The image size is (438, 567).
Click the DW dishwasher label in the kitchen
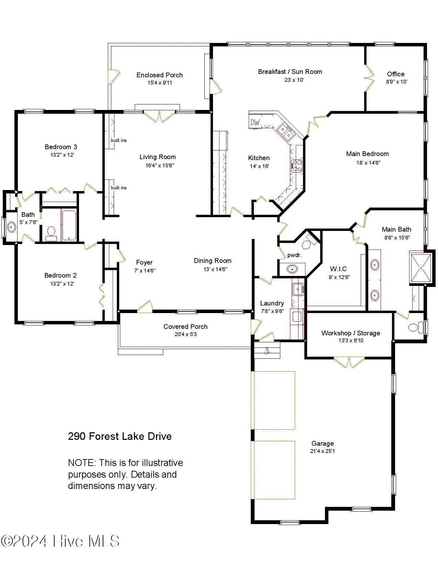tap(255, 122)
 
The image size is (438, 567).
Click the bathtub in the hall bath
tap(69, 225)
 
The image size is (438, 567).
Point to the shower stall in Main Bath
tap(421, 268)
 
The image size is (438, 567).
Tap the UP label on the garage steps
tap(267, 353)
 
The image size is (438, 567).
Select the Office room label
tap(395, 74)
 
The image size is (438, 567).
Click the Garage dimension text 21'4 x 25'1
tap(322, 451)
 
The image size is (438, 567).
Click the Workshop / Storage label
tap(350, 333)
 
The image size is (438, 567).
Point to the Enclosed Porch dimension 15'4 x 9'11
tap(160, 83)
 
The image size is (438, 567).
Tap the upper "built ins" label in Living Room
tap(119, 140)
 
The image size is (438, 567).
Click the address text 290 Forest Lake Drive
tap(120, 436)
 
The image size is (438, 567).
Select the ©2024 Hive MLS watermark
tap(60, 541)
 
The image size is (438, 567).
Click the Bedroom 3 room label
tap(61, 147)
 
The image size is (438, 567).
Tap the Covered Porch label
tap(185, 326)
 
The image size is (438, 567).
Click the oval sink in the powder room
tap(292, 269)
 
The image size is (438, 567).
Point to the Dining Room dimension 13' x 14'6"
tap(215, 269)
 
